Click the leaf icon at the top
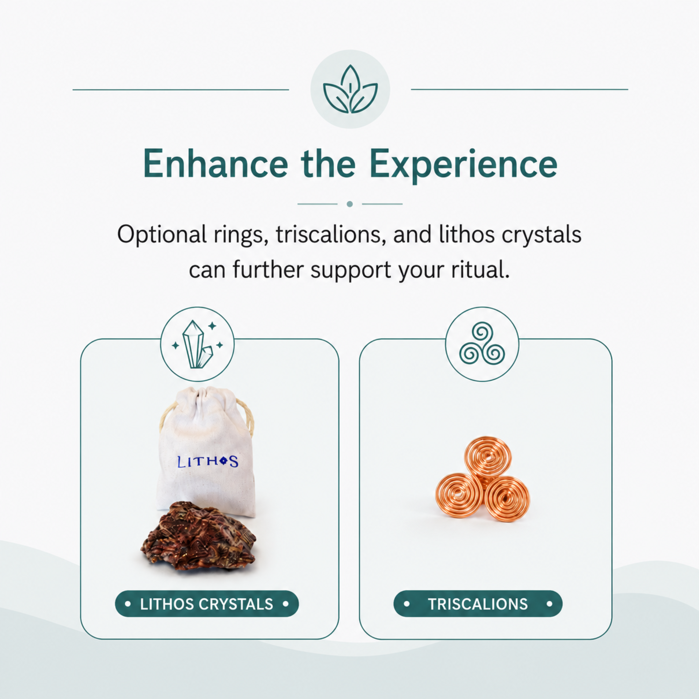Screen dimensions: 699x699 pyautogui.click(x=350, y=89)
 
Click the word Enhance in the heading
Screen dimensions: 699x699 pyautogui.click(x=216, y=164)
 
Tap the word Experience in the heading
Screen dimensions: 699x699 pyautogui.click(x=463, y=166)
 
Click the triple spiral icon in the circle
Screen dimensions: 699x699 pyautogui.click(x=482, y=345)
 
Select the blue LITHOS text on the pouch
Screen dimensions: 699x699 pyautogui.click(x=208, y=462)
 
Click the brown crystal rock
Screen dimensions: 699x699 pyautogui.click(x=198, y=536)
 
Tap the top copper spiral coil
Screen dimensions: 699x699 pyautogui.click(x=488, y=459)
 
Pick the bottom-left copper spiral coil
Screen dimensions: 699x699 pyautogui.click(x=460, y=495)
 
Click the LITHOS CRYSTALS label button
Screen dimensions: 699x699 pyautogui.click(x=207, y=604)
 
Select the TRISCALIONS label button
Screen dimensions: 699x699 pyautogui.click(x=478, y=604)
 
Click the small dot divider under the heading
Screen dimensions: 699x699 pyautogui.click(x=349, y=204)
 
